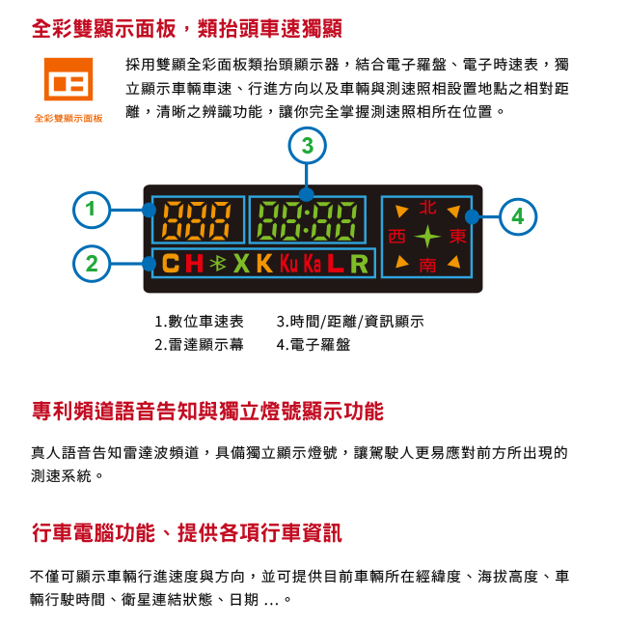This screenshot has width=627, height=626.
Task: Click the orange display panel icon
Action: coord(68,79)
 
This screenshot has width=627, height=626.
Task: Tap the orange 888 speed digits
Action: coord(197,220)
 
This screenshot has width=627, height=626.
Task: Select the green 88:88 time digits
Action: coord(307,220)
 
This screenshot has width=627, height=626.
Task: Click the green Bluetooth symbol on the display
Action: coord(218,263)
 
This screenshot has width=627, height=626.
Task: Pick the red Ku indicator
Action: coord(288,264)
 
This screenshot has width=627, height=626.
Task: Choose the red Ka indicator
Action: coord(313,264)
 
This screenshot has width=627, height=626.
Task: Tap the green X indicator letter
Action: coord(241,264)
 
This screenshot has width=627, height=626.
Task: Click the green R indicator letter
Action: coord(359,264)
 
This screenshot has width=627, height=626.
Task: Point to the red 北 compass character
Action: coord(427,208)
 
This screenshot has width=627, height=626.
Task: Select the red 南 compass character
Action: coord(427,265)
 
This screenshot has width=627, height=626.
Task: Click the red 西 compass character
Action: coord(396,236)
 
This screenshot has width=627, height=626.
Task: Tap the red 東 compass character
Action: coord(458,236)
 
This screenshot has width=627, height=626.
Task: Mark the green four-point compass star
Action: coord(427,237)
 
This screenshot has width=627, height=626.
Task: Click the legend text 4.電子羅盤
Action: coord(313,345)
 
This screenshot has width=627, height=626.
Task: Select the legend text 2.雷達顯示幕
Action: coord(199,345)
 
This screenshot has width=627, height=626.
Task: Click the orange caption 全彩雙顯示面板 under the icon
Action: coord(68,118)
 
